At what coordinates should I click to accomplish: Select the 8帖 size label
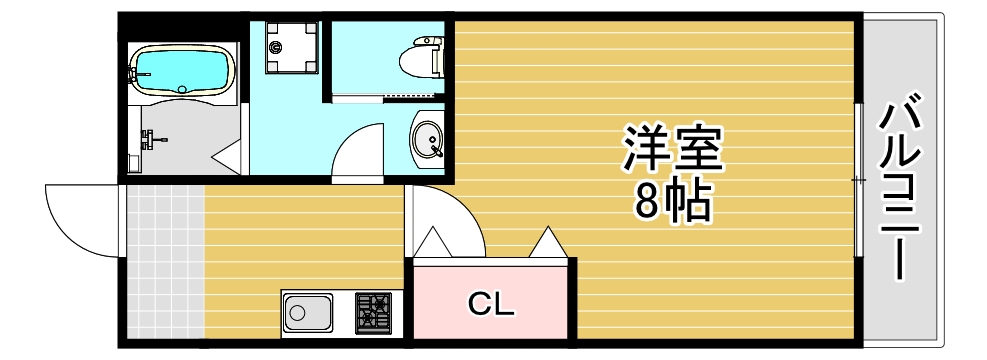pyautogui.click(x=671, y=203)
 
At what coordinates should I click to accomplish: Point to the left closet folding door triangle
pyautogui.click(x=432, y=242)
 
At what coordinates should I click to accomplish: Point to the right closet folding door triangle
pyautogui.click(x=549, y=243)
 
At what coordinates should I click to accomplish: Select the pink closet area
pyautogui.click(x=493, y=301)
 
